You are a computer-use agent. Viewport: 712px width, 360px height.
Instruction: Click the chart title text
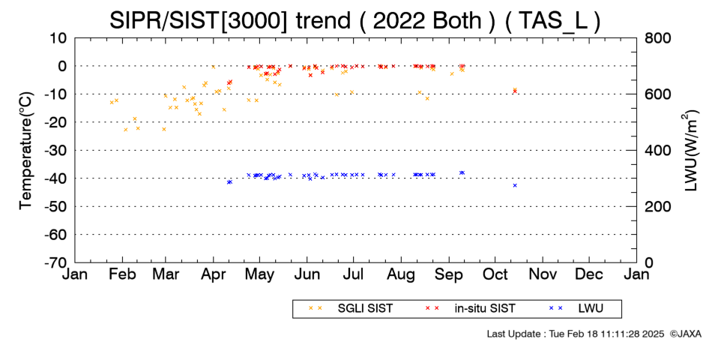pos(355,20)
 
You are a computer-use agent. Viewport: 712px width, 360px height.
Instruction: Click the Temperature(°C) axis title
pos(26,151)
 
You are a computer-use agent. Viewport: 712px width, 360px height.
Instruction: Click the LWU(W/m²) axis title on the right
pos(690,151)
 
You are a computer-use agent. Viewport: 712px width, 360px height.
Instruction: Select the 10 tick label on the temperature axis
pos(58,38)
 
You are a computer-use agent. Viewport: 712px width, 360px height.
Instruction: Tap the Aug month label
pos(402,274)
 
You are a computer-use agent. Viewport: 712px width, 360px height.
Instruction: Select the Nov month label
pos(543,274)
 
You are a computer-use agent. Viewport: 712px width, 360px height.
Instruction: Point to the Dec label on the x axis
pos(589,274)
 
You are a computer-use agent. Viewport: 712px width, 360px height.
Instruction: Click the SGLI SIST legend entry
pos(351,309)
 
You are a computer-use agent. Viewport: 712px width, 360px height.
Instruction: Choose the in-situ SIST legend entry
pos(470,309)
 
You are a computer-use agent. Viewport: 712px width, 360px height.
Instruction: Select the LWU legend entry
pos(576,309)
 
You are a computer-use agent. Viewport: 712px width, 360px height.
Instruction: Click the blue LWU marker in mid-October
pos(515,185)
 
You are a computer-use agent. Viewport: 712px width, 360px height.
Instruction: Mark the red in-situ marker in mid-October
pos(515,91)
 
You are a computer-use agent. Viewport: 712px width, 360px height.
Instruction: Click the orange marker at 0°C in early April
pos(213,67)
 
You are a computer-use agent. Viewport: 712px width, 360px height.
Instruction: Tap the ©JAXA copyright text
pos(685,334)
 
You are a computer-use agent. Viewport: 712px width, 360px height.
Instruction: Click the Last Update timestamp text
pos(576,334)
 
